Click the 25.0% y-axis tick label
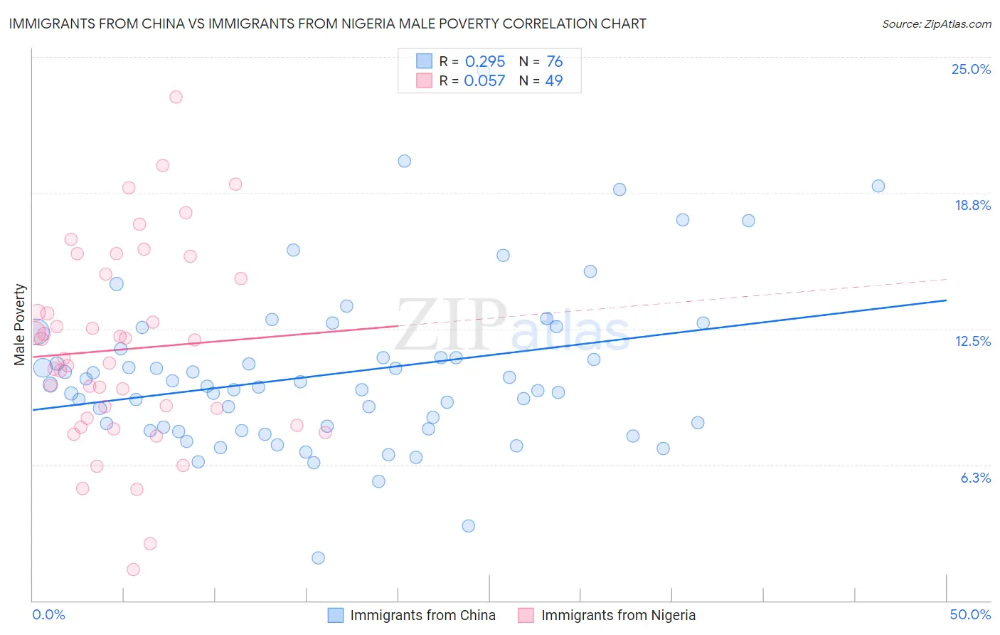(x=971, y=69)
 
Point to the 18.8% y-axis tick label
(x=972, y=205)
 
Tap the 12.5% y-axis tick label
(x=972, y=341)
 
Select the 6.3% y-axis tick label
(x=975, y=478)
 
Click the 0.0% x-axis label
(x=48, y=614)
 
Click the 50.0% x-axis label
(x=970, y=614)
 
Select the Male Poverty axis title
(x=20, y=325)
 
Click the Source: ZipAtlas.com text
(x=936, y=23)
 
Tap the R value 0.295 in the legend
(x=484, y=61)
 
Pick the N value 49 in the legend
(x=553, y=80)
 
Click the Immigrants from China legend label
(x=422, y=615)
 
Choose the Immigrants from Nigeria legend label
(x=618, y=615)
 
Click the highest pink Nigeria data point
(x=176, y=97)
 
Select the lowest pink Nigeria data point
(x=133, y=570)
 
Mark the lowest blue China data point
(x=318, y=558)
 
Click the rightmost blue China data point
(x=878, y=186)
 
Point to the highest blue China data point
(x=404, y=161)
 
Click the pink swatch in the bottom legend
(x=526, y=615)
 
